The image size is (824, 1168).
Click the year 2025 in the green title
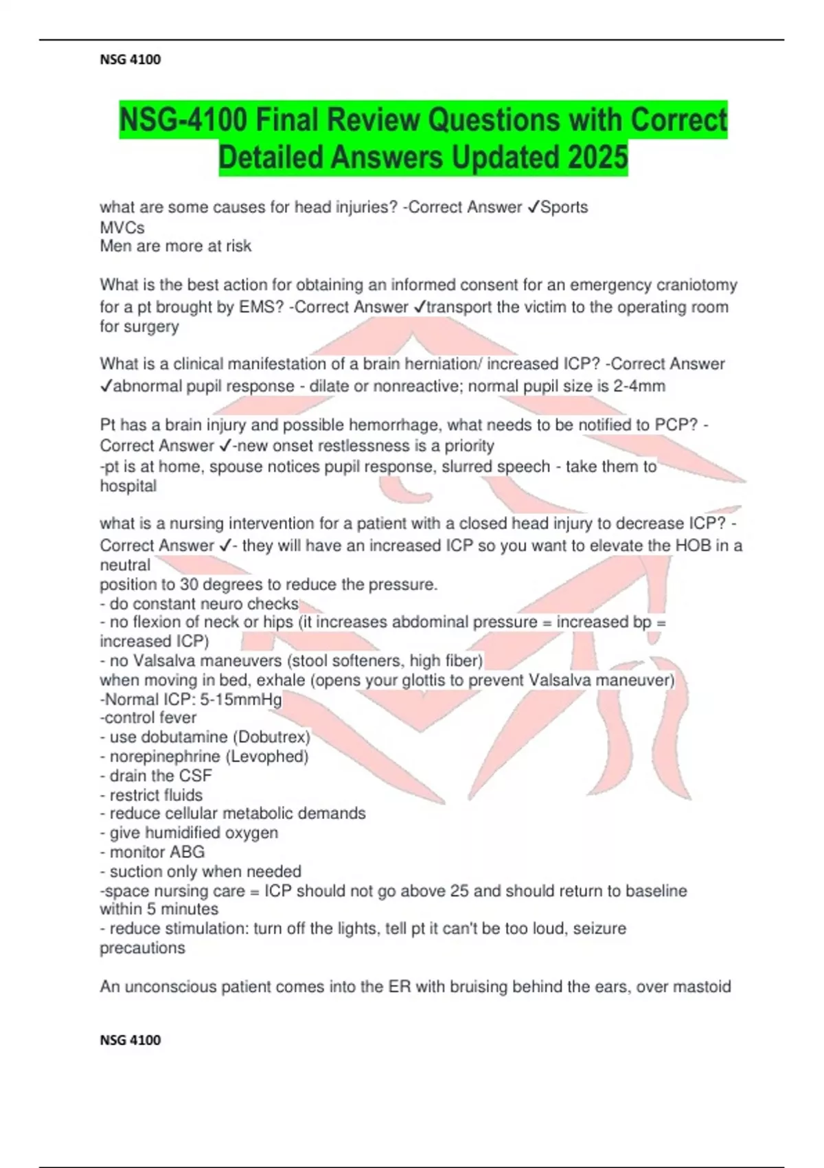pyautogui.click(x=597, y=157)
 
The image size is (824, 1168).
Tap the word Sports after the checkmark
pyautogui.click(x=564, y=207)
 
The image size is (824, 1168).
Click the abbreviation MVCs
pyautogui.click(x=122, y=227)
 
